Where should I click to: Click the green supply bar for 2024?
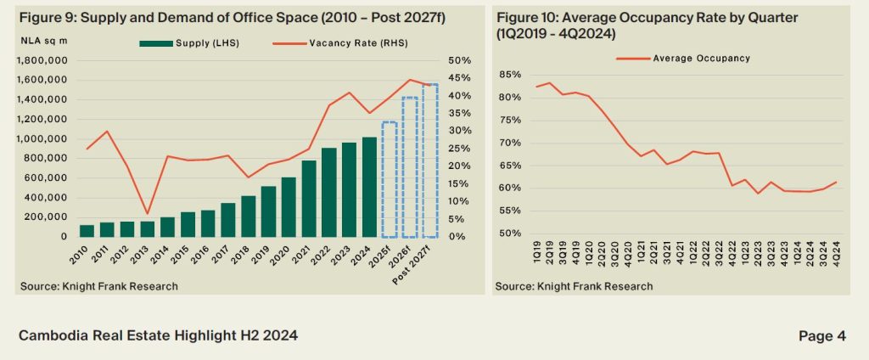369,187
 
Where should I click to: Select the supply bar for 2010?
87,231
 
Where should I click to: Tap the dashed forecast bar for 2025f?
390,179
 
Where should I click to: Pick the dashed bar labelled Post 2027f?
430,160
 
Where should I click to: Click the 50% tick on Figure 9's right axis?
459,61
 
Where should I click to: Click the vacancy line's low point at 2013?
148,213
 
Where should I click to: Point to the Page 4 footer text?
821,336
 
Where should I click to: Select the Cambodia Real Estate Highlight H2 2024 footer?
158,336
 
